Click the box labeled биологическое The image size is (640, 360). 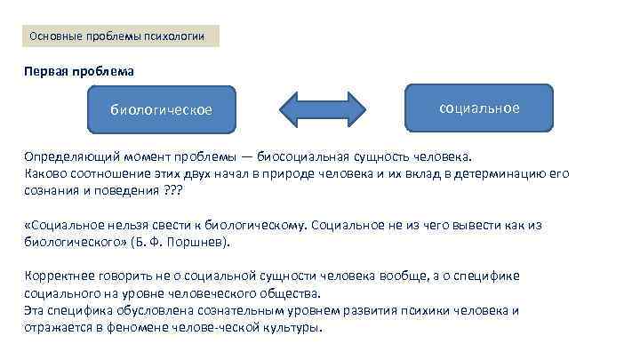click(161, 110)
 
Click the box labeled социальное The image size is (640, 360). click(479, 108)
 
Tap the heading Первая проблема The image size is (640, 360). click(79, 69)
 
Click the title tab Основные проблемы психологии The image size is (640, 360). click(117, 36)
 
